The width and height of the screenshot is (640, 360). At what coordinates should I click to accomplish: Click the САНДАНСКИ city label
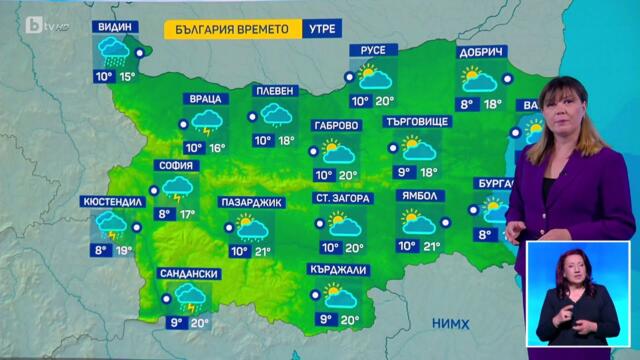(188, 273)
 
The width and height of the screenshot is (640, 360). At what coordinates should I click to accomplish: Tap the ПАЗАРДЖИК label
(251, 202)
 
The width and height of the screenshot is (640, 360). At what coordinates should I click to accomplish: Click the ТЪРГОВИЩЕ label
(418, 121)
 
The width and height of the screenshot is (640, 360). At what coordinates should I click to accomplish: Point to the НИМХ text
(452, 323)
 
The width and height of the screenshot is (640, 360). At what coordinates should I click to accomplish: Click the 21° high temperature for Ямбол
(432, 246)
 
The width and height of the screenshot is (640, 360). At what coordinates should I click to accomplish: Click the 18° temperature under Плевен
(287, 141)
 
